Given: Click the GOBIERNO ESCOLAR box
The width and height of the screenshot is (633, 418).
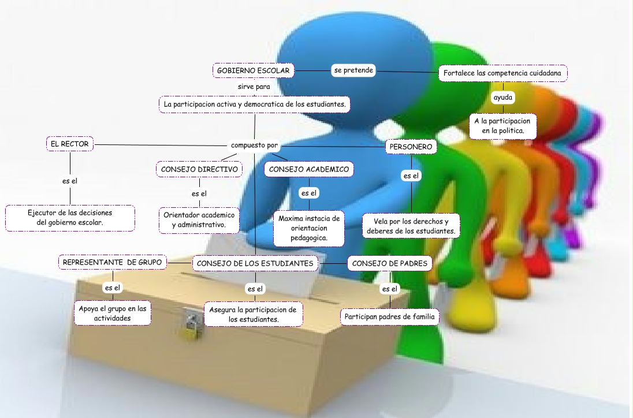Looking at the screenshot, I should (254, 71).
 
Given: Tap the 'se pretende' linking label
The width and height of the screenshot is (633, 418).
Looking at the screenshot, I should (353, 70).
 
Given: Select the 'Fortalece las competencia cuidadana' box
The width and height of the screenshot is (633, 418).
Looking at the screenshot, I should (503, 73).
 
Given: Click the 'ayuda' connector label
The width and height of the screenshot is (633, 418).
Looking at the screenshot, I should (502, 98).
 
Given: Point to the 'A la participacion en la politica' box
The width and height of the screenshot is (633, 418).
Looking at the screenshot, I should (502, 126).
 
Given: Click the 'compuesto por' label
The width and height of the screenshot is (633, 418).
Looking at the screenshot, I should (255, 145).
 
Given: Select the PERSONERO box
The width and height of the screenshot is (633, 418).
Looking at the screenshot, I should (411, 147).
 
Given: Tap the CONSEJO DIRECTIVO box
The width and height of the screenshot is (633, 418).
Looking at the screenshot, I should (199, 169).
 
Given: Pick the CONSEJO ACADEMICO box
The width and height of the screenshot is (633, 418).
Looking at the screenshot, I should (309, 169).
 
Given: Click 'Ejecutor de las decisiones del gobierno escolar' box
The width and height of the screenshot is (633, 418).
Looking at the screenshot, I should (70, 218).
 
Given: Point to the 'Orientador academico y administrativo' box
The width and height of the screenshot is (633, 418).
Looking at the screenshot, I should (199, 219).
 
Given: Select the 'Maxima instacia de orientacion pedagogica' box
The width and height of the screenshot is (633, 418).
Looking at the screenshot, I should (309, 228).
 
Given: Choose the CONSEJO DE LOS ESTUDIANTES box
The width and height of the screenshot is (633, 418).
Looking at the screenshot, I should (255, 263).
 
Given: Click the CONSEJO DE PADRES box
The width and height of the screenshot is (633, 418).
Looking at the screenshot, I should (390, 263).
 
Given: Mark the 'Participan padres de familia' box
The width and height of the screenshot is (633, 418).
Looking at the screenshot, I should (390, 317).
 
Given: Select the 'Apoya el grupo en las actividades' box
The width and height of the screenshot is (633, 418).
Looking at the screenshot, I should (113, 313).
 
